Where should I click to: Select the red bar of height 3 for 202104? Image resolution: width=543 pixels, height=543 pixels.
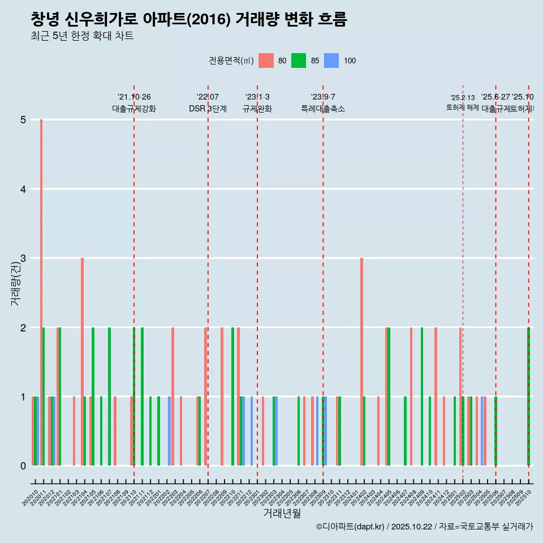(x=82, y=362)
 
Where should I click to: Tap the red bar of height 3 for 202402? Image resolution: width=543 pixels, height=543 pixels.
(x=361, y=362)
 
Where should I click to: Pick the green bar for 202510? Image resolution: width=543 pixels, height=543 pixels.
(x=528, y=396)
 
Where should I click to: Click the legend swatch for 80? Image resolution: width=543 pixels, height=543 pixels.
(x=266, y=61)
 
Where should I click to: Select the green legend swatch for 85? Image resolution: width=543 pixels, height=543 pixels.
(x=299, y=61)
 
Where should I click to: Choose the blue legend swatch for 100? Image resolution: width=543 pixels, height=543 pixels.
(x=331, y=61)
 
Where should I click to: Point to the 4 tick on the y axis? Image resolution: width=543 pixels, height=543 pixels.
(x=23, y=189)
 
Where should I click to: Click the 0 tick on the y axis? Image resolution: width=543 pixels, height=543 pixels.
(x=23, y=466)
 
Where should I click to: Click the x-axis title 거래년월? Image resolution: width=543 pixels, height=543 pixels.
(x=282, y=513)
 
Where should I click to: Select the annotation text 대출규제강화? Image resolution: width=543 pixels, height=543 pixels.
(x=134, y=109)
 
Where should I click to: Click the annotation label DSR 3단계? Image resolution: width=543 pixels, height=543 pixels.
(x=208, y=109)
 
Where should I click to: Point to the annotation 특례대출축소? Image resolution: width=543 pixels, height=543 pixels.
(x=322, y=109)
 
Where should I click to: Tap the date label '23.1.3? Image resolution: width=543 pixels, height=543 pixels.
(x=257, y=97)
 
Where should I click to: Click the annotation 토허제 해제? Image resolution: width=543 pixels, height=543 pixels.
(x=462, y=107)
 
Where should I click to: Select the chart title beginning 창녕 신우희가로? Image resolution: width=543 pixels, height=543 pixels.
(x=188, y=19)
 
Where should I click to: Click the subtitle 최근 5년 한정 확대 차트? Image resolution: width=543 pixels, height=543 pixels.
(x=82, y=36)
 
